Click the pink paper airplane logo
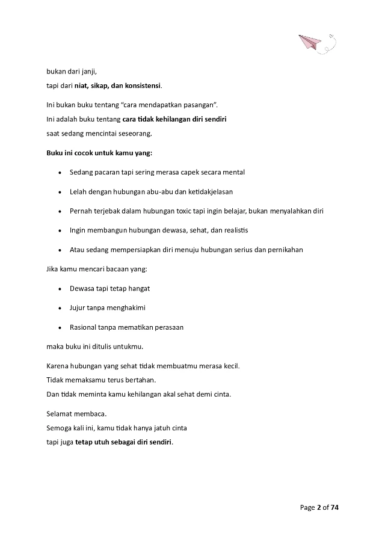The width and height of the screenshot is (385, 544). click(312, 43)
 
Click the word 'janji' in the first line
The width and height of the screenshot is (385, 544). click(88, 72)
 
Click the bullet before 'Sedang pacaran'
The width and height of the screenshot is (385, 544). click(60, 172)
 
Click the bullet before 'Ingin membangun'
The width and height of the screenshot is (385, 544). click(60, 230)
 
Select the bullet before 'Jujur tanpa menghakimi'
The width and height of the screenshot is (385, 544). click(60, 308)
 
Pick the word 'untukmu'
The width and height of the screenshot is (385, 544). click(129, 347)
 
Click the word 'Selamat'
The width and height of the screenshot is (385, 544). click(61, 415)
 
